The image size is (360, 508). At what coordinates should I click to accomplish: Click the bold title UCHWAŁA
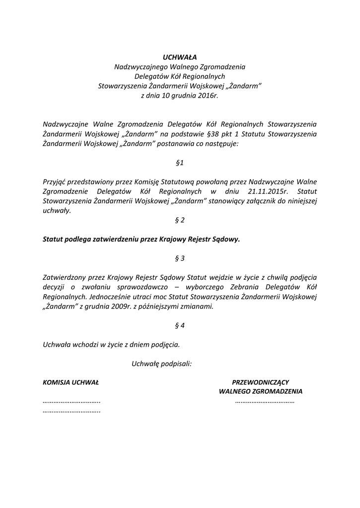coord(180,57)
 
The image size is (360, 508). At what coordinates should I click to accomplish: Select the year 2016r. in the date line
coord(208,96)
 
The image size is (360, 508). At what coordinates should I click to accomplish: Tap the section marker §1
coord(180,162)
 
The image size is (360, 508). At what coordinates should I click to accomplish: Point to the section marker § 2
coord(180,220)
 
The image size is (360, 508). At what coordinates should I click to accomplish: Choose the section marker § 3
coord(180,258)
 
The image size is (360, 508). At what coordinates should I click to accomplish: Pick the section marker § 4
coord(180,325)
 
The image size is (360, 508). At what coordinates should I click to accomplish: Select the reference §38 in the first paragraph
coord(212,134)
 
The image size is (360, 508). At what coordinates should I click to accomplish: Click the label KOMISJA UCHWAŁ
coord(71,382)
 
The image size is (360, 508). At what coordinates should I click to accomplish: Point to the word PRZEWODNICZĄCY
coord(261,382)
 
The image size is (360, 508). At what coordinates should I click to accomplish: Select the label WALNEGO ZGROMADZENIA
coord(261,391)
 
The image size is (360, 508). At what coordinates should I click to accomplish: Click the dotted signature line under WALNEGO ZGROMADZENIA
coord(265,401)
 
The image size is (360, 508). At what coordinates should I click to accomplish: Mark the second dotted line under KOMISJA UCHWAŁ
coord(72,411)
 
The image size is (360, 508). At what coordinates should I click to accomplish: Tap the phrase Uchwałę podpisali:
coord(162,364)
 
